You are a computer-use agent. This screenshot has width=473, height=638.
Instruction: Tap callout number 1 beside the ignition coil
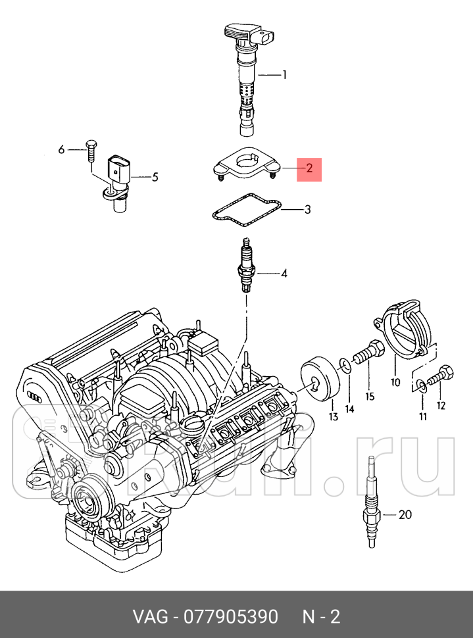coord(284,75)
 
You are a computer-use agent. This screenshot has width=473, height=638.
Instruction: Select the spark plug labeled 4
coord(247,266)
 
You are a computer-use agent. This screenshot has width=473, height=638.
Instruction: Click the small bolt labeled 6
coord(91,150)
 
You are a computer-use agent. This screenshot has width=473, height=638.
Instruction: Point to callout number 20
coord(405,514)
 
